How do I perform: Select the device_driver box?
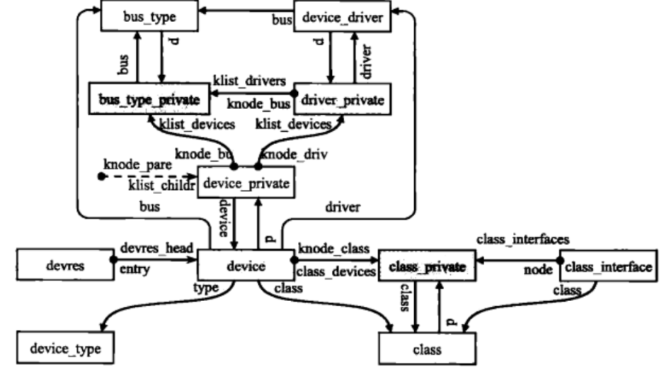(342, 16)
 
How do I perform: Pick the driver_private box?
(342, 101)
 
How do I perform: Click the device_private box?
(246, 183)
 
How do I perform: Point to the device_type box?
(66, 349)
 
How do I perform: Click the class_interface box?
(607, 267)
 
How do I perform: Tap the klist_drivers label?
(248, 80)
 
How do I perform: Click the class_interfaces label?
(522, 239)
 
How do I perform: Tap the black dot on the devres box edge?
(113, 260)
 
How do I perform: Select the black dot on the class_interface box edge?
(559, 260)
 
